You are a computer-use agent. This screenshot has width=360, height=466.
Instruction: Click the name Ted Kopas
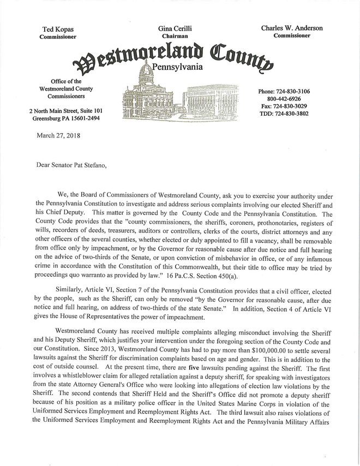coord(58,28)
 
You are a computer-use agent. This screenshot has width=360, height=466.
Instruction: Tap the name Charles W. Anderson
coord(291,28)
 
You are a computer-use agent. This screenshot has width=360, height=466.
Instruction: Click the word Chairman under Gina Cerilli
coord(175,36)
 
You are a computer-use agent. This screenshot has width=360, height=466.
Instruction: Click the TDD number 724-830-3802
coord(299,113)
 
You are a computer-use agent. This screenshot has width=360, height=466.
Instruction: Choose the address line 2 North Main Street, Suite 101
coord(65,111)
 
